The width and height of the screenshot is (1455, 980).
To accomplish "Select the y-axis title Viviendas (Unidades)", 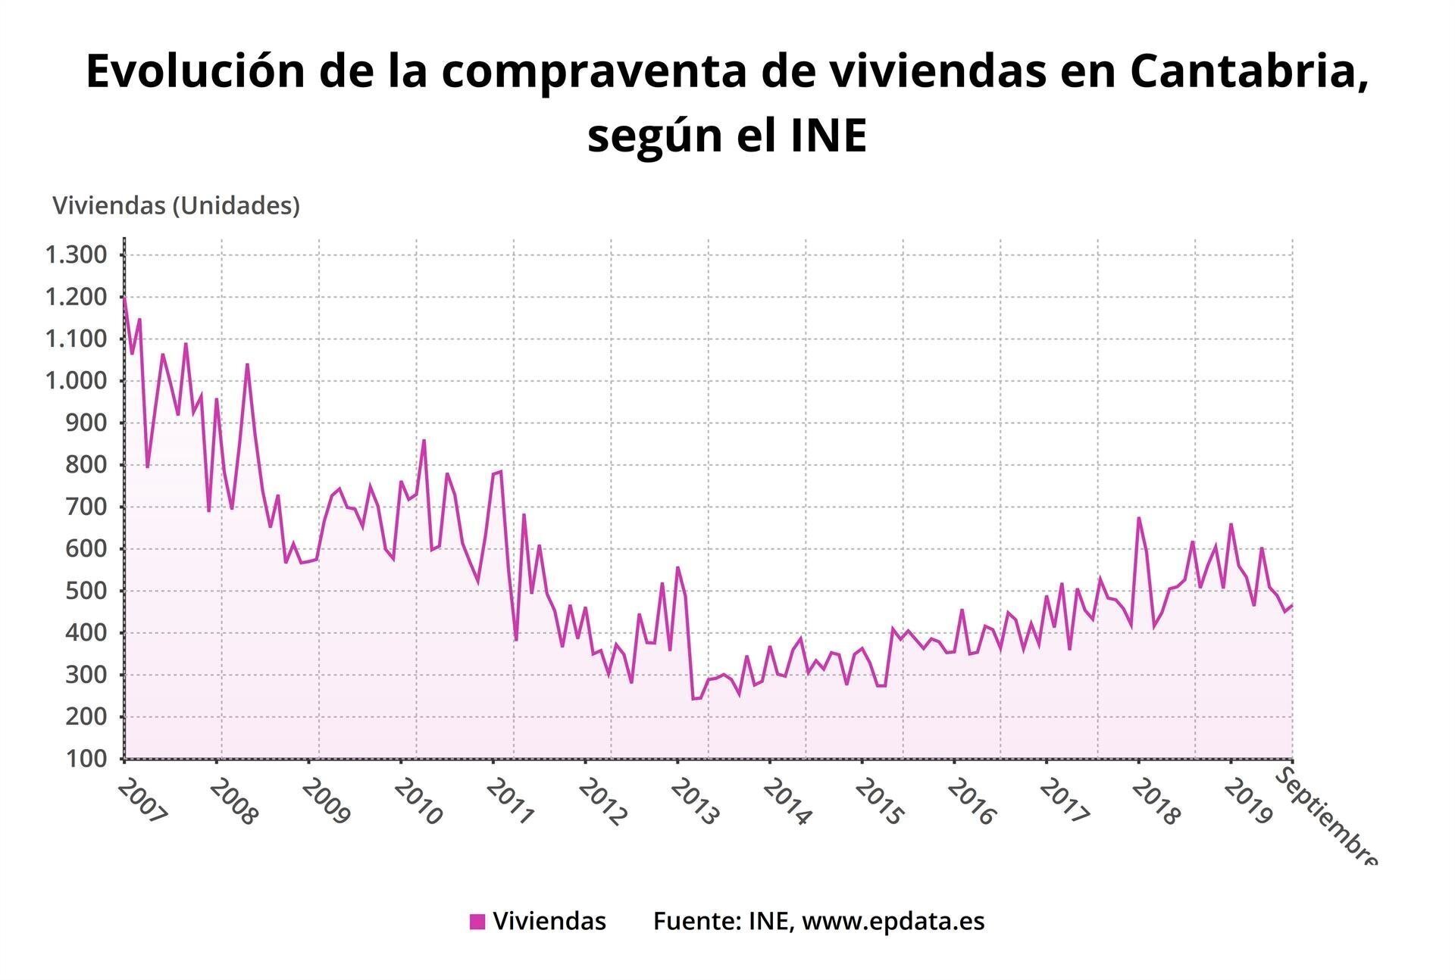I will click(x=176, y=205).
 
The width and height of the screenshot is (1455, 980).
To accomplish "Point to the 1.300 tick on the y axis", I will click(x=76, y=255).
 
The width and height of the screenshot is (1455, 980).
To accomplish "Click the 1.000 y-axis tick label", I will click(x=76, y=381).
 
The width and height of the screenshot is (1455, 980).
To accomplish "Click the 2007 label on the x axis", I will click(x=142, y=802).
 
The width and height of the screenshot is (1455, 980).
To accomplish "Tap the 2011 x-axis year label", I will click(x=511, y=802).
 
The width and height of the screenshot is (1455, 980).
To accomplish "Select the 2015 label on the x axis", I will click(x=879, y=802).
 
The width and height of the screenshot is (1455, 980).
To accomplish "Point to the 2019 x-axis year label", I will click(x=1247, y=802).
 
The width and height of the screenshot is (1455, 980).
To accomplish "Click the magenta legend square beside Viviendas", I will click(x=477, y=922).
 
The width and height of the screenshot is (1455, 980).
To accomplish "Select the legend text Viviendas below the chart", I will click(x=549, y=921).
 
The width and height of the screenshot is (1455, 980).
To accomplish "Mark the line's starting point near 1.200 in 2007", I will click(x=124, y=298).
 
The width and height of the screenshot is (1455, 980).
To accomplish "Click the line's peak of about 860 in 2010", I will click(x=424, y=440).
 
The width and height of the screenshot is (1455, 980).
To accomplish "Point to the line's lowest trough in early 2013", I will click(x=693, y=698).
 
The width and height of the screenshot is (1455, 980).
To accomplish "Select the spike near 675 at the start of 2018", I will click(x=1138, y=518).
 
